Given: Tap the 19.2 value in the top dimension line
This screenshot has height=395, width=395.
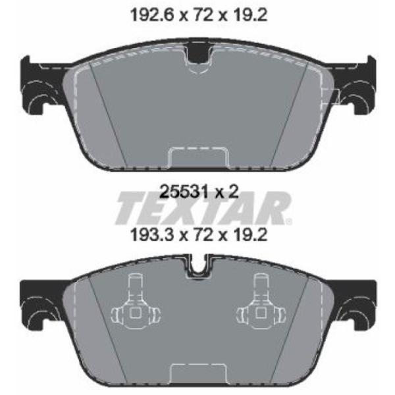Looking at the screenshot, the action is tap(250, 16).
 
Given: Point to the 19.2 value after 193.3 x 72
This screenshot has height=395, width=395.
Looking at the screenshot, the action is tap(250, 236).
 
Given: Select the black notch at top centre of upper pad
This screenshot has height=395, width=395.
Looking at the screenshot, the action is tap(199, 55).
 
